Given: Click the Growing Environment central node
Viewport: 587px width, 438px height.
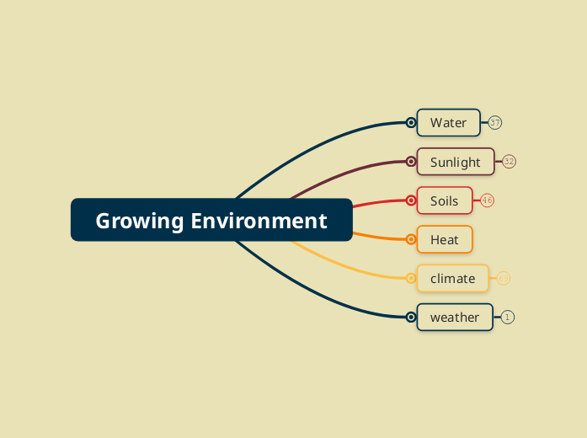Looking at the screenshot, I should [211, 220].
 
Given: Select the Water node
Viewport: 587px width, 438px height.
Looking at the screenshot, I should [448, 123].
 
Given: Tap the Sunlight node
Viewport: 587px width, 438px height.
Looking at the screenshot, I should [455, 162].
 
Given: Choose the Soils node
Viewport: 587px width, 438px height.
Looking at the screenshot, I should [445, 200].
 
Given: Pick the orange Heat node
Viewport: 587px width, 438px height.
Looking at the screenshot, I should [445, 239].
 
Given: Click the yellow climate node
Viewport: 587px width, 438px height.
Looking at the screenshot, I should [453, 278].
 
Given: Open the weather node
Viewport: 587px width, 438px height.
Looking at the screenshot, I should [454, 317].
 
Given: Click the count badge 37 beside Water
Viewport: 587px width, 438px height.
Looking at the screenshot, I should [495, 123].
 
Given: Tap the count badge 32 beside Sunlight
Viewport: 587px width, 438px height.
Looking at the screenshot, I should [510, 162].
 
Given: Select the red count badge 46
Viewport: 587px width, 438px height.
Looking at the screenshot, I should [488, 200].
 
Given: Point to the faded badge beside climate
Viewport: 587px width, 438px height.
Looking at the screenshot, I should [504, 278].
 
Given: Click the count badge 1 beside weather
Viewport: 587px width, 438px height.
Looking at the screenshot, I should [508, 317].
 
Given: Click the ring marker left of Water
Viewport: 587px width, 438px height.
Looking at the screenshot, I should [411, 123].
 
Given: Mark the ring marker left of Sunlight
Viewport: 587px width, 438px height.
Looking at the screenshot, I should [411, 162].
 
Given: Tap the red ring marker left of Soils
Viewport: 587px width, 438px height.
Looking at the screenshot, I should [411, 200].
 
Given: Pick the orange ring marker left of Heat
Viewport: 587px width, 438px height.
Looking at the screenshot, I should [411, 239].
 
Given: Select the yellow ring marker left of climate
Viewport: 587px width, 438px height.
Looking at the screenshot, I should [411, 278].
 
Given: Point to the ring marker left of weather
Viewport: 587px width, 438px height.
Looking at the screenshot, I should [411, 317].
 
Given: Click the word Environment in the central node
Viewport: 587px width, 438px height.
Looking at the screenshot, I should [259, 221].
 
